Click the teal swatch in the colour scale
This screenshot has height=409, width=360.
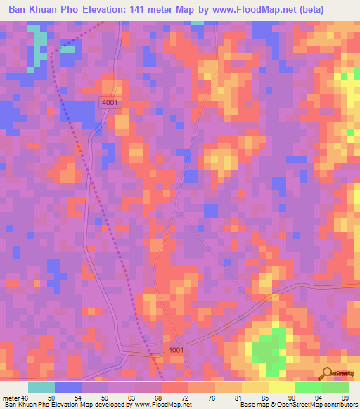click(x=41, y=387)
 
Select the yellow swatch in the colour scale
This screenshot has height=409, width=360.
click(x=281, y=387)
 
